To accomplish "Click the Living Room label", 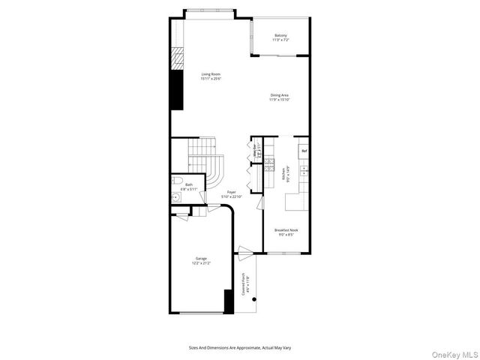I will pos(210,76).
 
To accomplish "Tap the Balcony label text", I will pos(280,37).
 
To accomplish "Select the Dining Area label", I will pos(280,97).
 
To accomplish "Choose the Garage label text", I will pos(201,261).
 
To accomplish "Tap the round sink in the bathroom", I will pos(175,198).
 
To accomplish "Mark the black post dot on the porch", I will pos(254,299).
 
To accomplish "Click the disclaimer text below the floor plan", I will pos(239,347).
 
